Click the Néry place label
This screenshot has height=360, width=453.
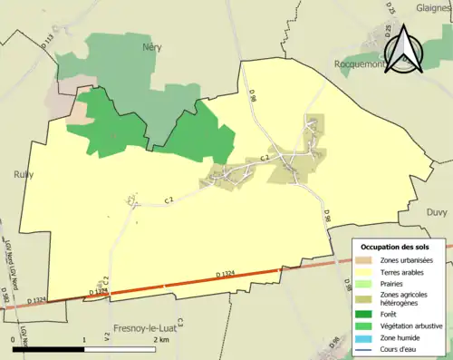pyautogui.click(x=151, y=46)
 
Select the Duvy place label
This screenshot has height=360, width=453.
pyautogui.click(x=436, y=211)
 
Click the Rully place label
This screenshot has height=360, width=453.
pyautogui.click(x=24, y=176)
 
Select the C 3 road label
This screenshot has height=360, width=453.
pyautogui.click(x=180, y=323)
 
